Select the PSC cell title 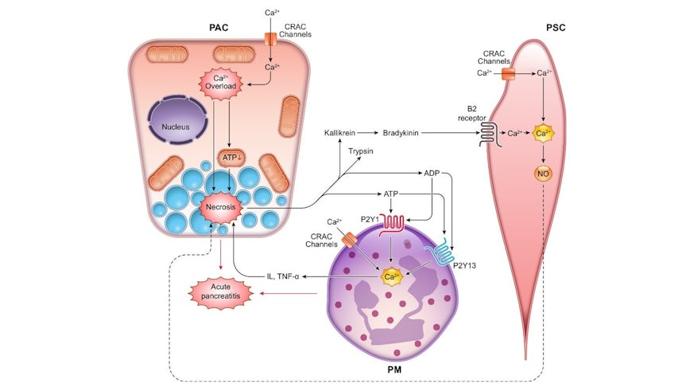point(554,28)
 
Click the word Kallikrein point(343,132)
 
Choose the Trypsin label point(361,150)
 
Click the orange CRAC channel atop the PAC point(271,37)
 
